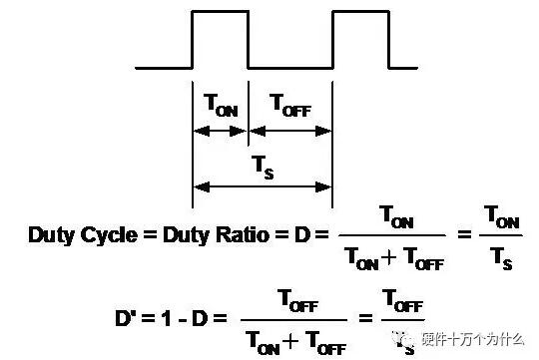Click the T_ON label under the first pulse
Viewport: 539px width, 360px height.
[x=221, y=106]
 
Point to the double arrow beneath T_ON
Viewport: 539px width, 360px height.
[x=221, y=130]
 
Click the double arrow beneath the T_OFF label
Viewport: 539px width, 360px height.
[x=289, y=130]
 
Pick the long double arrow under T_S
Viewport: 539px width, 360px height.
[x=262, y=185]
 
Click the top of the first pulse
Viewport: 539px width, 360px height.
[x=220, y=12]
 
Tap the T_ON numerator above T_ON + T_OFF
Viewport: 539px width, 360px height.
[x=391, y=215]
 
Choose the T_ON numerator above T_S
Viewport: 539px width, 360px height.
[x=504, y=215]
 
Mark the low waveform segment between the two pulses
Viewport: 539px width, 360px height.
[x=289, y=68]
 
